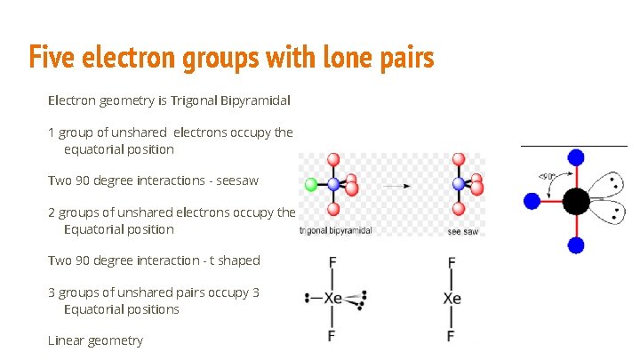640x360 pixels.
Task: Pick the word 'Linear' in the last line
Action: click(68, 340)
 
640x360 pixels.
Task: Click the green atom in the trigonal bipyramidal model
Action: click(310, 185)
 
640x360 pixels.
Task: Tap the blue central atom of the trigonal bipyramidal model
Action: click(333, 185)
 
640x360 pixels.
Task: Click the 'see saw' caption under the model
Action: click(460, 231)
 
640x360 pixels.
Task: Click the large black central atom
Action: click(576, 201)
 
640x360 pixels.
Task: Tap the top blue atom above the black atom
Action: click(576, 157)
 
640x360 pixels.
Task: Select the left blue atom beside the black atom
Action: click(532, 201)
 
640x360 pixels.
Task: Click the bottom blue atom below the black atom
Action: click(576, 244)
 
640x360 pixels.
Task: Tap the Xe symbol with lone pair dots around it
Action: click(332, 299)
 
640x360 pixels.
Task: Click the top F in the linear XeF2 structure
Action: click(452, 262)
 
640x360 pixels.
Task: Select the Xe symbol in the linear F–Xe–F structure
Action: click(452, 299)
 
